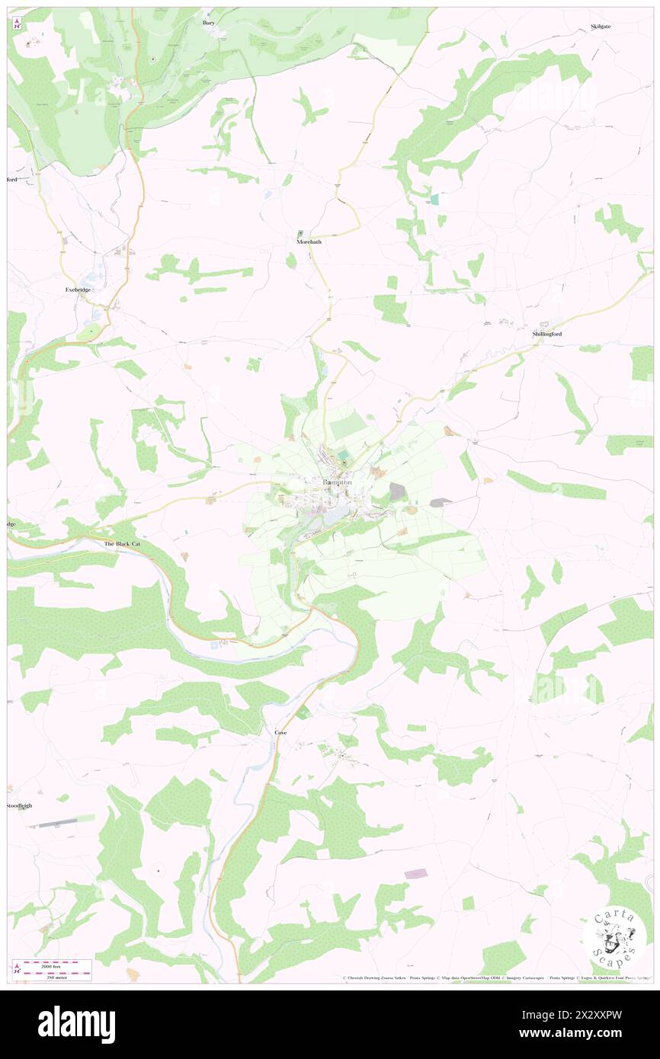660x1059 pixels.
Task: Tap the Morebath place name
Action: (311, 242)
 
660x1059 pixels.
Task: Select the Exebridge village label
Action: (79, 291)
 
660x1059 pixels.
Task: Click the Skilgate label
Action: (601, 26)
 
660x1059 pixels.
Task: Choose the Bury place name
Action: (209, 23)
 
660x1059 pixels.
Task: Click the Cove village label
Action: (281, 732)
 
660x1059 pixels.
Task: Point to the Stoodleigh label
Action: (20, 805)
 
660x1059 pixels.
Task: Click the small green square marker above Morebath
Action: (300, 233)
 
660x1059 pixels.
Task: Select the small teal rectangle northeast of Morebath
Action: (434, 199)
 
